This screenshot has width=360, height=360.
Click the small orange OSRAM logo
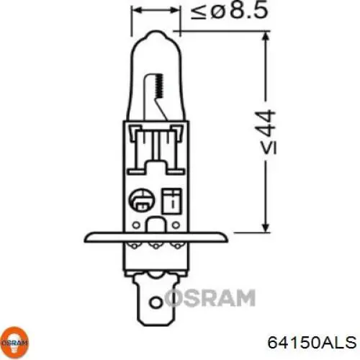(15, 342)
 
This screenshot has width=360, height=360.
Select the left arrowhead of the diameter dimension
(135, 12)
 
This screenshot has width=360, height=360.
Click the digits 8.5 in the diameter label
(230, 12)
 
